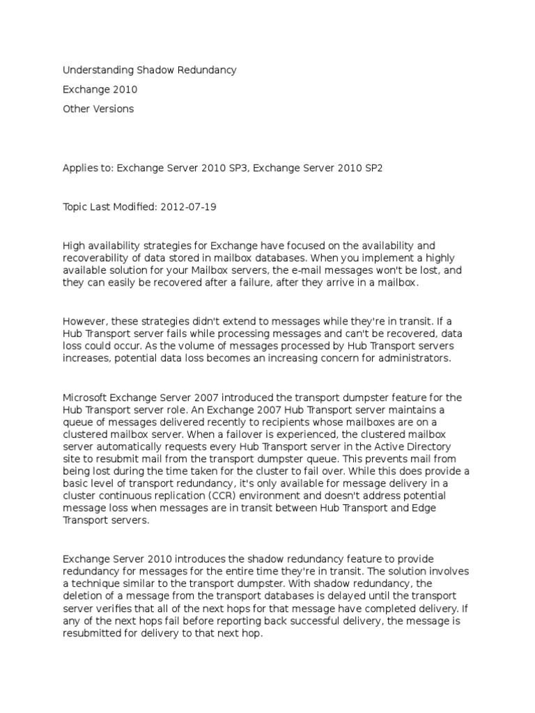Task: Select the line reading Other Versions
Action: [98, 109]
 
